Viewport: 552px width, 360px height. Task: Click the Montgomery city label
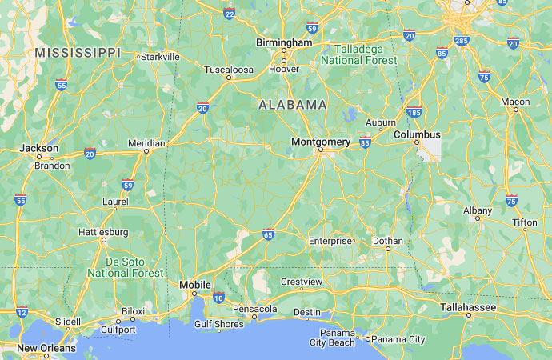[321, 142]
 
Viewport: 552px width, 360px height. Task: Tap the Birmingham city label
[284, 42]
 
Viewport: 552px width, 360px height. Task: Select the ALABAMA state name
[293, 105]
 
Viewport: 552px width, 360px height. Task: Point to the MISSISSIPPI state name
[78, 52]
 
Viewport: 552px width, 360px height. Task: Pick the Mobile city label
[195, 285]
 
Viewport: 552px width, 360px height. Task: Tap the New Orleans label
[46, 348]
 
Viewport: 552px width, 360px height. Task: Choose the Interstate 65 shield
[268, 235]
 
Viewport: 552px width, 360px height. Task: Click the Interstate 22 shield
[230, 14]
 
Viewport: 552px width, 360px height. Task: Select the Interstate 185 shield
[414, 113]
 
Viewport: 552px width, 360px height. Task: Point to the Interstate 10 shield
[218, 298]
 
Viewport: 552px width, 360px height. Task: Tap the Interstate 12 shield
[22, 313]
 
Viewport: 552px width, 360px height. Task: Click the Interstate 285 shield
[462, 39]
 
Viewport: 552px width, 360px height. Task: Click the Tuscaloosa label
[228, 70]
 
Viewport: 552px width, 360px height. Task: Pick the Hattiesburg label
[103, 232]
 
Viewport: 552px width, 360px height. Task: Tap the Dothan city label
[387, 240]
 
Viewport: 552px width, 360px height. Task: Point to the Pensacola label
[254, 309]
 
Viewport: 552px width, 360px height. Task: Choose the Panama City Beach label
[332, 338]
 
